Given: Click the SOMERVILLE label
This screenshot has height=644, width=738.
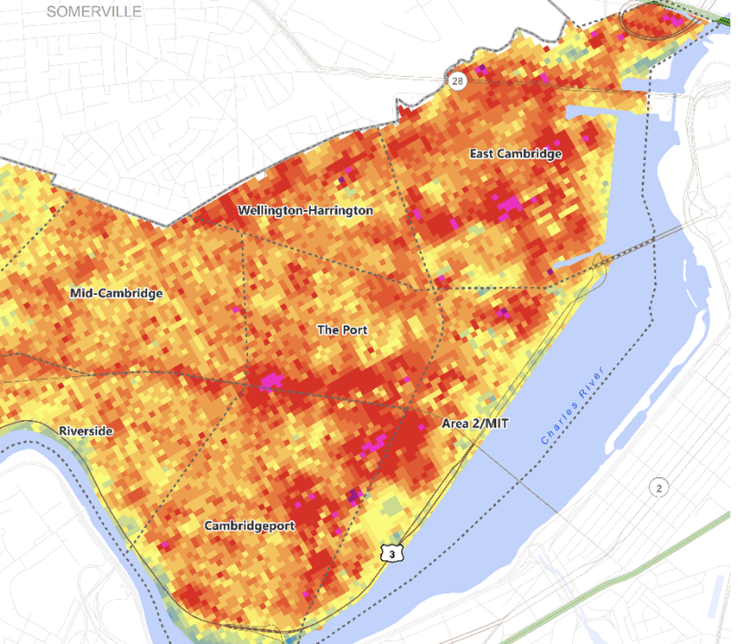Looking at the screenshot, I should (94, 11).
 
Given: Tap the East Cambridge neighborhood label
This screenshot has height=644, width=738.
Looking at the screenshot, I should (515, 154).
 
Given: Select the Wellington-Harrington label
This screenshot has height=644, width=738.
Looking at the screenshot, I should (305, 210).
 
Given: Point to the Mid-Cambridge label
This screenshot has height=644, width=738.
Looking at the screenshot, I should (116, 293).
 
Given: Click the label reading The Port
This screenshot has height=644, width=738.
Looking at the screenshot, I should (342, 329).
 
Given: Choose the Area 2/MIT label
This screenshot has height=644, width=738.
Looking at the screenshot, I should (475, 423).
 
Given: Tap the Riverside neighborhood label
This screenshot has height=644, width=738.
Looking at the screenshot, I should (85, 431).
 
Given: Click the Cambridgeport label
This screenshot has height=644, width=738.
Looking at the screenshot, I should (250, 525).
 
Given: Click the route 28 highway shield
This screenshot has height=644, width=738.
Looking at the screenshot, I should (458, 80).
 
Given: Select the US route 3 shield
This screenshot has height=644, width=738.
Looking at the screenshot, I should (391, 553).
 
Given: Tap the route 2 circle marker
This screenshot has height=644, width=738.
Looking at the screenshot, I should (658, 487).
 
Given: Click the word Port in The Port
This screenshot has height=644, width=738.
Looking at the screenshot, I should (355, 329).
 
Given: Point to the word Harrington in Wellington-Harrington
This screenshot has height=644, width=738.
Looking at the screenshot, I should (339, 210).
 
